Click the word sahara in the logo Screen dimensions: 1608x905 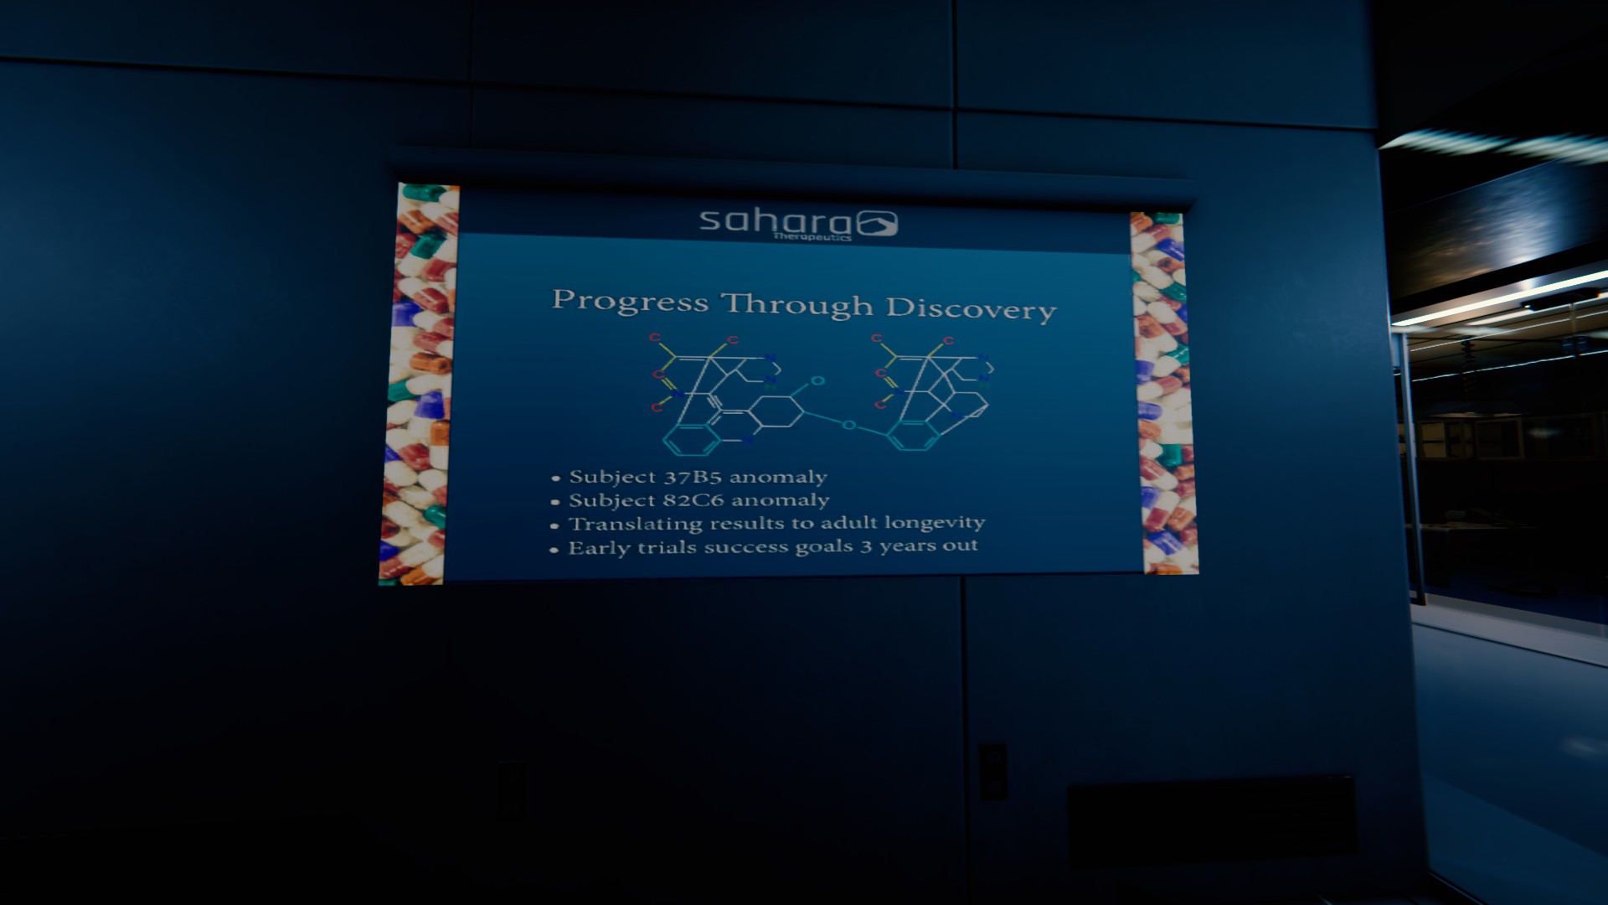[x=775, y=221]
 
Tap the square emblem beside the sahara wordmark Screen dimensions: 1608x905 [x=877, y=224]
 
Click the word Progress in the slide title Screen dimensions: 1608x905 [x=630, y=301]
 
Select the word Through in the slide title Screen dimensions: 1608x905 [x=797, y=305]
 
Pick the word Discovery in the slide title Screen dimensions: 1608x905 [x=971, y=308]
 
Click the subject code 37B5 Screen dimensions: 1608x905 [x=693, y=478]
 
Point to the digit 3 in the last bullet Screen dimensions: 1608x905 [x=866, y=546]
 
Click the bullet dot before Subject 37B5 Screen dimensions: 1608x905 [x=555, y=479]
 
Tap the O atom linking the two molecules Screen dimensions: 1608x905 [x=849, y=426]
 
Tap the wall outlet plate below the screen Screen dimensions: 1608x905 [x=992, y=770]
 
